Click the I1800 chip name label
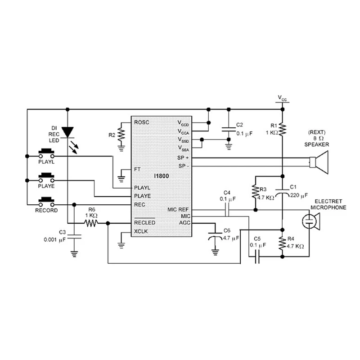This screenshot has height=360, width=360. tap(160, 176)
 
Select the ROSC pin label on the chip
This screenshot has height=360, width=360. tap(141, 122)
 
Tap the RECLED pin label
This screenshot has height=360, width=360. tap(144, 223)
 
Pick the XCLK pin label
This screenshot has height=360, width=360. tap(141, 231)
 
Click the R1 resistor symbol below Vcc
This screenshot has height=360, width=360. tap(282, 129)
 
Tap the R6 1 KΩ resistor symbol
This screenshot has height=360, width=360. tap(91, 223)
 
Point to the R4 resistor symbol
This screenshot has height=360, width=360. tap(282, 243)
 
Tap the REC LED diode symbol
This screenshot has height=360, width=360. tap(67, 131)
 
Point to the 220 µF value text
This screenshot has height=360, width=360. tap(299, 195)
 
